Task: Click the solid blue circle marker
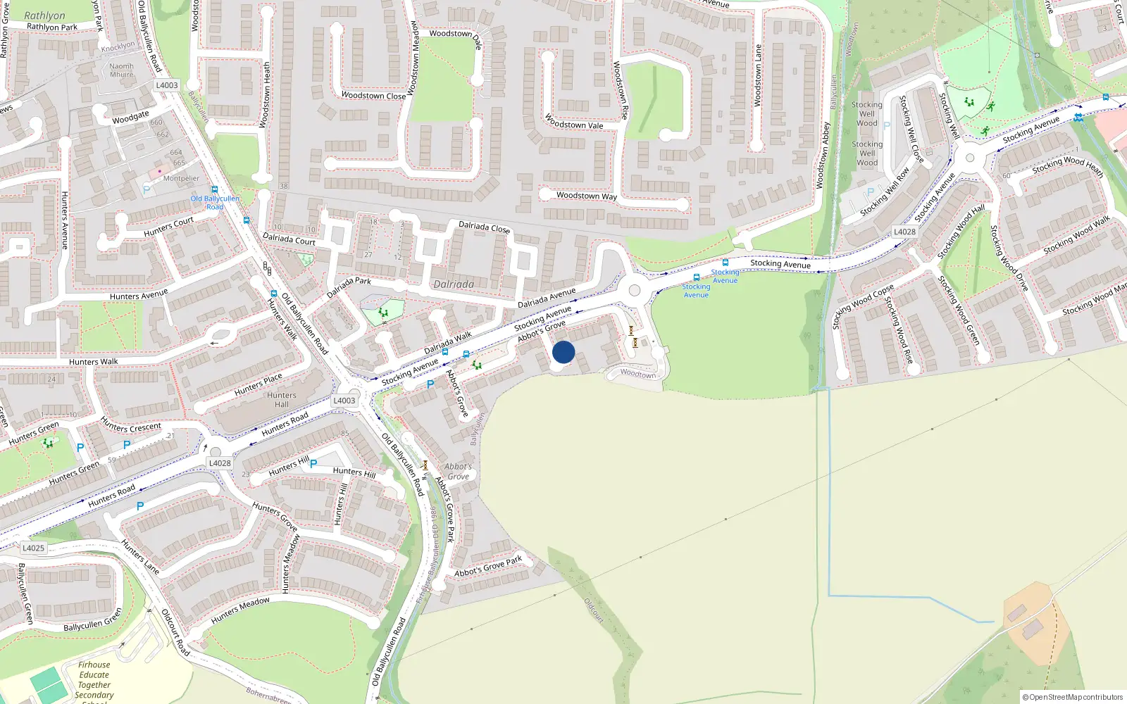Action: [563, 352]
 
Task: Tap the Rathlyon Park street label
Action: [52, 27]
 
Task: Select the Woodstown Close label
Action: [373, 96]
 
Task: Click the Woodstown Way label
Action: [586, 196]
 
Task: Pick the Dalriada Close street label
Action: [484, 227]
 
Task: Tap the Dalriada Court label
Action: [289, 239]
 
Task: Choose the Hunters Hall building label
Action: [282, 400]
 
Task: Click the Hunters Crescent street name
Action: [131, 427]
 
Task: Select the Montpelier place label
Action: [181, 179]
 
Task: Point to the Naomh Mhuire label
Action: [121, 70]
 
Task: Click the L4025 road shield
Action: [33, 548]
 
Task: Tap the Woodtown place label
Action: [638, 374]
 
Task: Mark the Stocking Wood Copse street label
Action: [863, 306]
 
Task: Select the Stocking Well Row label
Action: [885, 191]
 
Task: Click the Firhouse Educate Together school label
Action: [94, 680]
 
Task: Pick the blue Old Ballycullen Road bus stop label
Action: [215, 203]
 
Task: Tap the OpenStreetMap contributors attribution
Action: [1073, 697]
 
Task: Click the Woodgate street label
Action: [130, 118]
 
